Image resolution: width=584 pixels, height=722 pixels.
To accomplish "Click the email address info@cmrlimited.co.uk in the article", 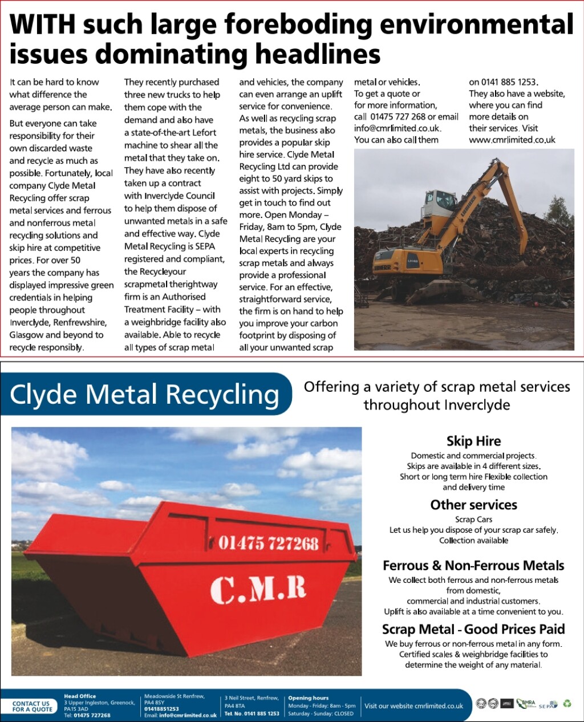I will [398, 128].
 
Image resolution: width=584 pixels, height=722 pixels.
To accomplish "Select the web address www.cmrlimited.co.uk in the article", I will [512, 140].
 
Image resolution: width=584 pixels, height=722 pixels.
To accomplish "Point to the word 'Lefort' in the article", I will [204, 132].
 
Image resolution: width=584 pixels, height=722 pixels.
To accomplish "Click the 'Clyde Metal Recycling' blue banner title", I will [145, 394].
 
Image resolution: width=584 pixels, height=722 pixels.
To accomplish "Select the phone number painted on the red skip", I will [267, 542].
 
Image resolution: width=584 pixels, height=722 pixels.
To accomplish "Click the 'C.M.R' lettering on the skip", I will [258, 589].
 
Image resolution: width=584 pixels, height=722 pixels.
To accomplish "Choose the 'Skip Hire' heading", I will [473, 441].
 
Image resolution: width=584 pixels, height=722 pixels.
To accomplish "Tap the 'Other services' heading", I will [473, 505].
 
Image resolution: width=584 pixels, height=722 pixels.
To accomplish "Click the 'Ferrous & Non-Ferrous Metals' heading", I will [473, 566].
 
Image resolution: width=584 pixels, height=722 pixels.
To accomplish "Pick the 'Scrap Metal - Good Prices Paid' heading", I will [473, 629].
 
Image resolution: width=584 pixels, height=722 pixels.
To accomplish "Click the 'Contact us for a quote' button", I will [32, 706].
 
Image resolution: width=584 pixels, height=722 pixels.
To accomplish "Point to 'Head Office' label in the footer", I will [80, 696].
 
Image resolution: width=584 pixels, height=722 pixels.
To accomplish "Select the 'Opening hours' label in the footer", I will [308, 698].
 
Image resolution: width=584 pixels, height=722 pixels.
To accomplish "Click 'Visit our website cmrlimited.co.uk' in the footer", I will [413, 706].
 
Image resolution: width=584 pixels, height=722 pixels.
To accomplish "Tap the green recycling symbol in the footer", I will [567, 704].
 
